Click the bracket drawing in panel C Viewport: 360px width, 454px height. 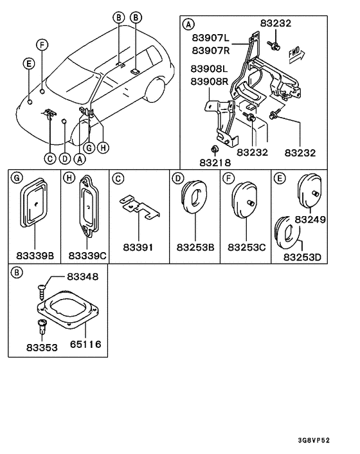coord(139,207)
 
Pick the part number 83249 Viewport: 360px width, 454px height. coord(310,219)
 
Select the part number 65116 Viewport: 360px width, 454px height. coord(85,345)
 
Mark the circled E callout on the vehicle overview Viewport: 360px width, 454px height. coord(28,62)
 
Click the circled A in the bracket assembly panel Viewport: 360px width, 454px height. coord(188,24)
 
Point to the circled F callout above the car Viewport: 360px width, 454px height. coord(42,44)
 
